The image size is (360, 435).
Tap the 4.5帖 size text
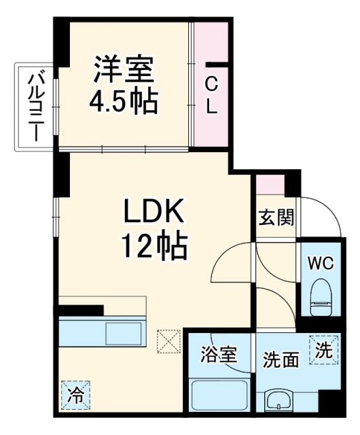click(x=125, y=102)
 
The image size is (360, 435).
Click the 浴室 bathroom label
click(x=218, y=355)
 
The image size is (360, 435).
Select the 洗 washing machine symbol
click(x=325, y=350)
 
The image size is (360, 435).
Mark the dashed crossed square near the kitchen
click(x=166, y=341)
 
